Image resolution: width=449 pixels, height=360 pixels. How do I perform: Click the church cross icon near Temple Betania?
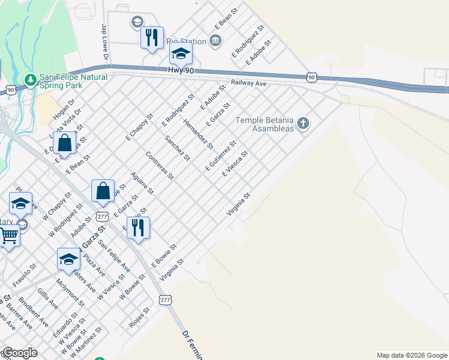(304, 124)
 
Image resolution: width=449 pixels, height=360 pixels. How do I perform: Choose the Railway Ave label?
(249, 83)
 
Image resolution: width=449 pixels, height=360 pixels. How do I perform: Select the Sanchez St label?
(177, 148)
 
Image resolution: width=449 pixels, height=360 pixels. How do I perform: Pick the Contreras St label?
(160, 165)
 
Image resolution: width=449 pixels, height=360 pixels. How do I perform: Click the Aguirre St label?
(143, 182)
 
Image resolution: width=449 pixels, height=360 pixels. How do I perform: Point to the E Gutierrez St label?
(221, 156)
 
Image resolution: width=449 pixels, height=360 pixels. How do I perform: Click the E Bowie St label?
(164, 255)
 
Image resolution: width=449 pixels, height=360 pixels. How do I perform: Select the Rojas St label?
(139, 318)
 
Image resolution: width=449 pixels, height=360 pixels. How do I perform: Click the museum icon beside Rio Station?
(215, 41)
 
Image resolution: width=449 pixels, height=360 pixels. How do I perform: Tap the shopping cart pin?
(8, 235)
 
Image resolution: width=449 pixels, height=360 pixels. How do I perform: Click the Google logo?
(20, 353)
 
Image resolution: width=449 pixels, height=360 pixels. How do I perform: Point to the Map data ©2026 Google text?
(412, 355)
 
